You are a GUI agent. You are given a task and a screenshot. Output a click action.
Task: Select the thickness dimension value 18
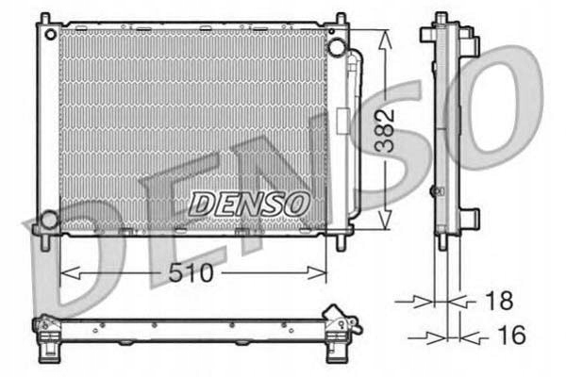(x=499, y=302)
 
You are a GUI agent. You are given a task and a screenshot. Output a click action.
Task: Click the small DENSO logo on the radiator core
(x=248, y=202)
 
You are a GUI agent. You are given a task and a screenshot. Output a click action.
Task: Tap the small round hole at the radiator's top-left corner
(x=47, y=32)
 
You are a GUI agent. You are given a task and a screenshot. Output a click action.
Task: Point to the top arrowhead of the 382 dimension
(x=383, y=36)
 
